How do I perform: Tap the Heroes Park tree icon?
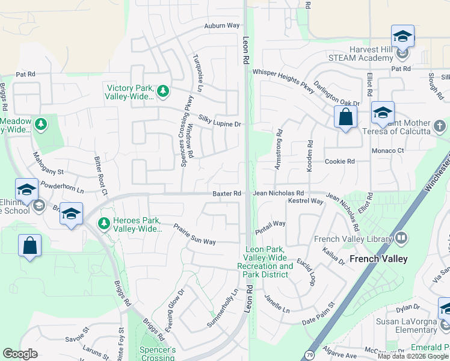tap(104, 223)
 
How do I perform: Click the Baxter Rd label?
tap(227, 194)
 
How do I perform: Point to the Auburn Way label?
tap(222, 26)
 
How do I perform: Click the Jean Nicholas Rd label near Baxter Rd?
tap(279, 194)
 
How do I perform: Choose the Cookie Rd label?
tap(340, 162)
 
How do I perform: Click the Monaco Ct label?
tap(387, 150)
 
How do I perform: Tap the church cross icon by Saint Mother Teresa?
tap(440, 126)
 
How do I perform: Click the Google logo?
tap(20, 354)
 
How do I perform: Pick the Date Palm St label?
tap(318, 314)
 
